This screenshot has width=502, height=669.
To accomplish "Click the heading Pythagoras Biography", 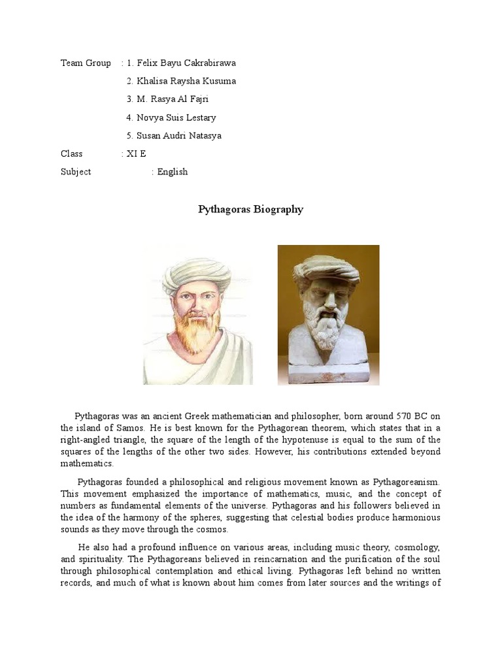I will click(x=250, y=210).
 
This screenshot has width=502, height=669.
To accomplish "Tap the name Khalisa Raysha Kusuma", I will click(x=186, y=81).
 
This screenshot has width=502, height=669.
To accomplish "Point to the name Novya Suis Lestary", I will click(x=176, y=118).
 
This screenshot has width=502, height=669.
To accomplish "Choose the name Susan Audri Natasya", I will click(x=178, y=136).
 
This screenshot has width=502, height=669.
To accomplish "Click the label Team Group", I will click(x=86, y=63).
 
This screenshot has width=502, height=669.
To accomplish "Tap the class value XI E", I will click(x=137, y=154).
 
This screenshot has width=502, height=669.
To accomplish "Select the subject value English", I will click(x=172, y=172).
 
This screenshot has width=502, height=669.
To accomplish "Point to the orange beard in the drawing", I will click(x=197, y=327).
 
